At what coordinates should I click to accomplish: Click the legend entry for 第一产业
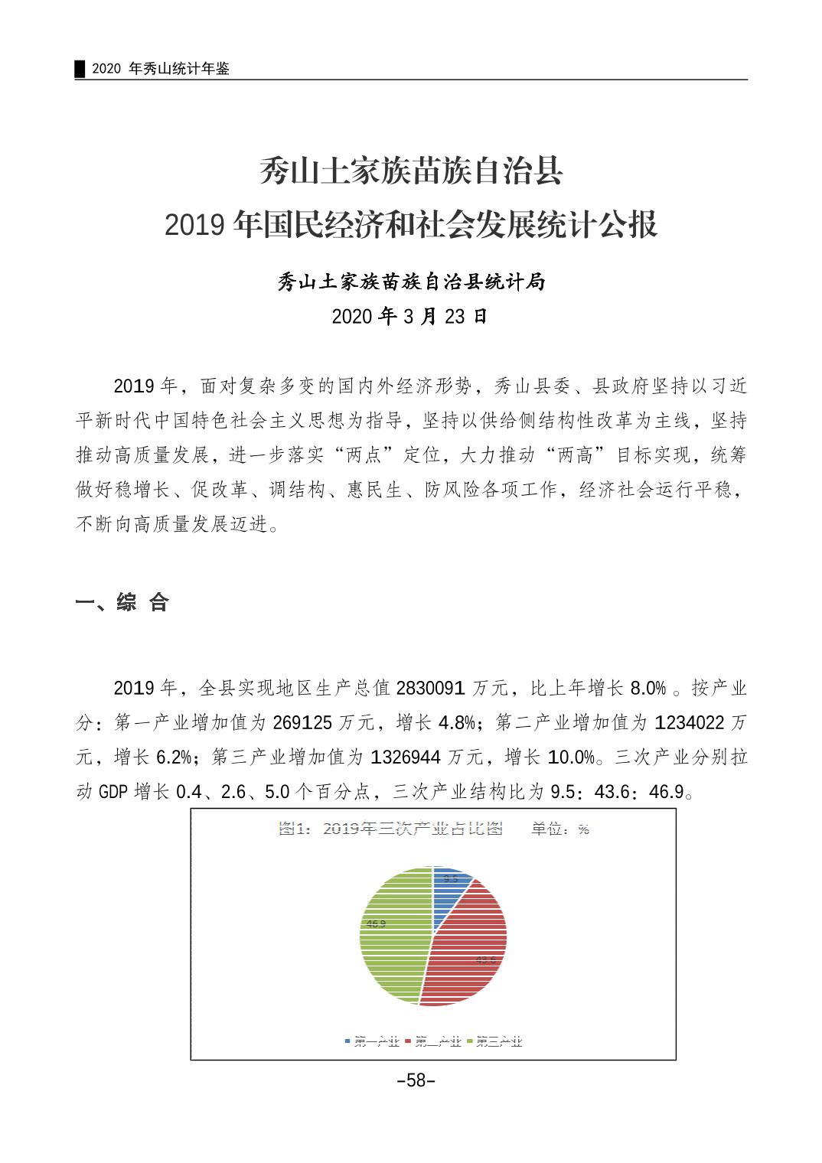point(372,1041)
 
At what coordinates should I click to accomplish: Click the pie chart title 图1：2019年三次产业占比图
point(390,829)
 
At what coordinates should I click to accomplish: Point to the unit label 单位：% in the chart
point(560,829)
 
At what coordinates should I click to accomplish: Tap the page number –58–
point(416,1080)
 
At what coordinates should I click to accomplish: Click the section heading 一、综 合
point(122,602)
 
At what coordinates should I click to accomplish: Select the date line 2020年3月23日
point(409,316)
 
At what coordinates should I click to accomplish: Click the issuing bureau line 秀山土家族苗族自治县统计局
point(411,282)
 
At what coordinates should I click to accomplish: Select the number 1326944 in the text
point(406,757)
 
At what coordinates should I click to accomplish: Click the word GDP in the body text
point(113,792)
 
